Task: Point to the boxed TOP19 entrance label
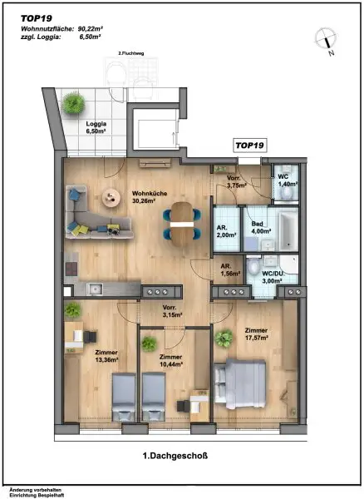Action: (x=249, y=146)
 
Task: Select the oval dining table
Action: (x=181, y=223)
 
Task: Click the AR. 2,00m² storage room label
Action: (x=226, y=233)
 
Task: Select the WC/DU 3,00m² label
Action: (x=272, y=278)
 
